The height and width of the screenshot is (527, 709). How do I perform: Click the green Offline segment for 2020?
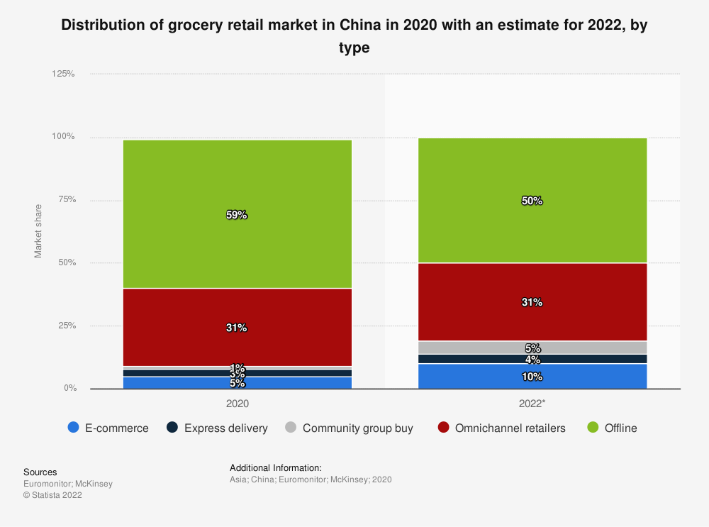click(x=237, y=177)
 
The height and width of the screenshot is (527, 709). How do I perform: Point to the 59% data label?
click(x=237, y=215)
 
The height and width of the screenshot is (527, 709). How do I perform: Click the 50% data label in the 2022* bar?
click(x=532, y=201)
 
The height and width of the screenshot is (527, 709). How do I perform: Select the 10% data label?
click(x=532, y=377)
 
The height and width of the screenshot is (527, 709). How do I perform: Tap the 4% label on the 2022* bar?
click(x=532, y=360)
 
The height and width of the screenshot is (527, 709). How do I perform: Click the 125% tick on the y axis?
click(x=64, y=74)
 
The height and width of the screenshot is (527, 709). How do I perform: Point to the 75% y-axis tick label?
click(x=67, y=200)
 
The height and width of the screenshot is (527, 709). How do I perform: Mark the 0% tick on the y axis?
click(x=69, y=389)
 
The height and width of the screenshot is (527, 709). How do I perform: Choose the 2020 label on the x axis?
click(x=237, y=402)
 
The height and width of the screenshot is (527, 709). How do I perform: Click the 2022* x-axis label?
click(x=532, y=402)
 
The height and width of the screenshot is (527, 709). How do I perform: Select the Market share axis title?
click(x=38, y=231)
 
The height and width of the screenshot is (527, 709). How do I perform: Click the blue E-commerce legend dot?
click(x=73, y=428)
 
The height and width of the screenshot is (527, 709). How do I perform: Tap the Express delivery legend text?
click(x=225, y=428)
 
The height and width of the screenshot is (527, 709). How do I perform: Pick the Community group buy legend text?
click(x=357, y=428)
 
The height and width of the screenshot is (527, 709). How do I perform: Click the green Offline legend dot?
click(x=593, y=428)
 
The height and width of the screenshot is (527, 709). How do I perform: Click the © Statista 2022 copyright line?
click(x=52, y=495)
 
